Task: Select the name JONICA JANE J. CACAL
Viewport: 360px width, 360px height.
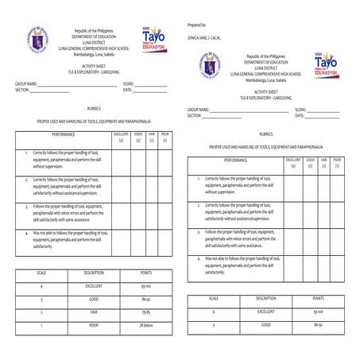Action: [x=209, y=38]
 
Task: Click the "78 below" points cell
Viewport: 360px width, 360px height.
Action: [x=146, y=326]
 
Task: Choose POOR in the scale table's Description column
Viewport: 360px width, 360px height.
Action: [x=93, y=326]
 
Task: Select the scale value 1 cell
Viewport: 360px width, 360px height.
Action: [x=41, y=326]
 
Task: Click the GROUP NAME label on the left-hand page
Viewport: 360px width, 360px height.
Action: [x=26, y=83]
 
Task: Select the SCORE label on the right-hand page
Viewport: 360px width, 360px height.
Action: [x=300, y=110]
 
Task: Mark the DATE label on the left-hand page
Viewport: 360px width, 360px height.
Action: [x=127, y=90]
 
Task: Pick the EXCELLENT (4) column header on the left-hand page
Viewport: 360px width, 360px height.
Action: [x=121, y=138]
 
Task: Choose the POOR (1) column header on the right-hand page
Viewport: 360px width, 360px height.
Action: [x=337, y=163]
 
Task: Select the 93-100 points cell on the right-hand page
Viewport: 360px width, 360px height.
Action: [x=317, y=312]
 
